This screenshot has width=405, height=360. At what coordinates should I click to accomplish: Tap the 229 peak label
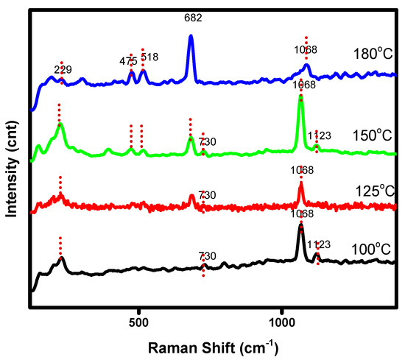click(x=63, y=70)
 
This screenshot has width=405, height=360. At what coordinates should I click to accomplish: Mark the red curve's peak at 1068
click(x=300, y=186)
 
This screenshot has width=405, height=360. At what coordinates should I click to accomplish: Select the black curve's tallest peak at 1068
click(x=300, y=227)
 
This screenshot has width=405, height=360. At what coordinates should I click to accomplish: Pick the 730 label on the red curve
click(x=208, y=195)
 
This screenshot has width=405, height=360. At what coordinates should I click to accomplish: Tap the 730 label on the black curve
click(x=208, y=256)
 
